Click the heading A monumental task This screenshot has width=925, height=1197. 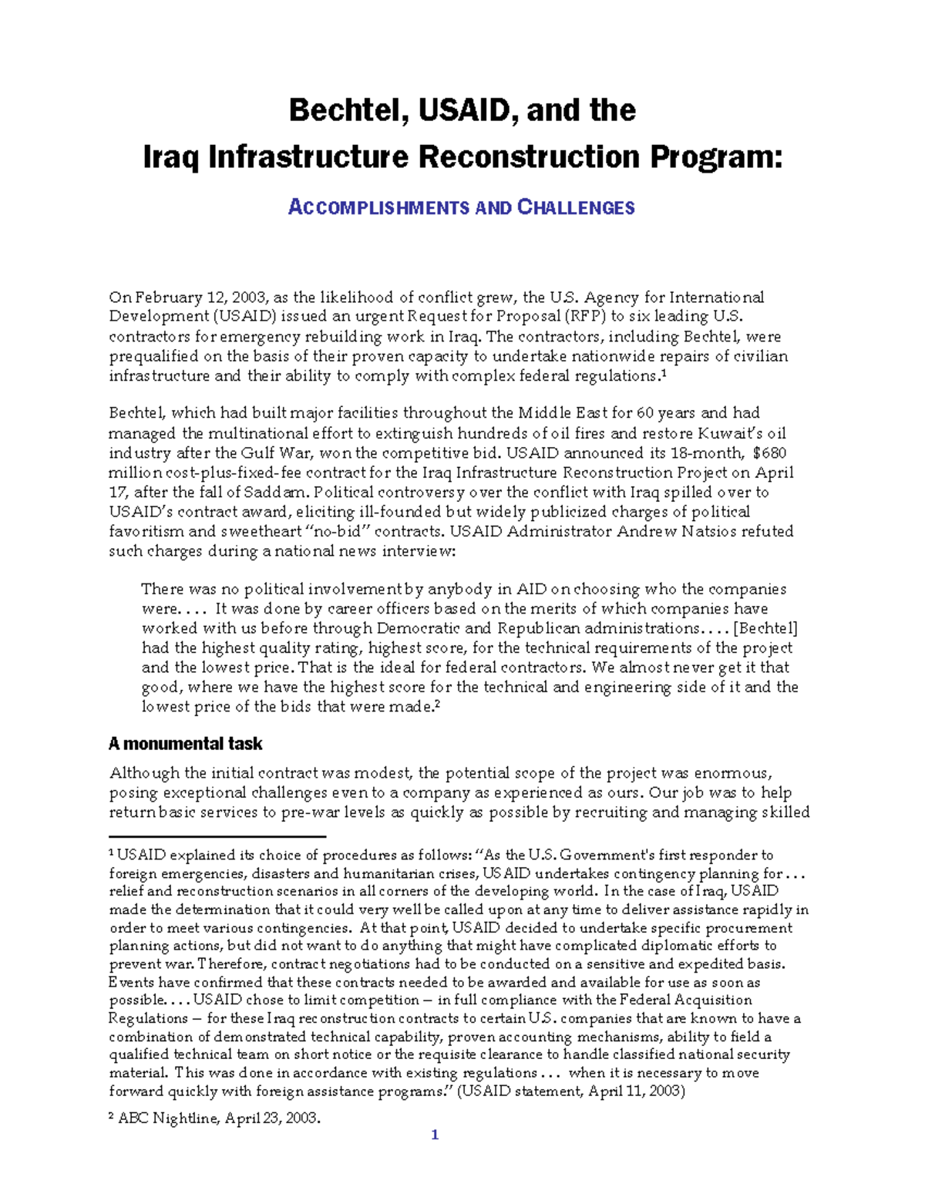click(x=185, y=744)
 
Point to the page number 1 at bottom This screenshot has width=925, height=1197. click(x=435, y=1135)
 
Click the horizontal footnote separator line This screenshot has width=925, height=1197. click(x=217, y=836)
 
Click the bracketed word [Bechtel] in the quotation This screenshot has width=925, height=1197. click(x=765, y=628)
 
